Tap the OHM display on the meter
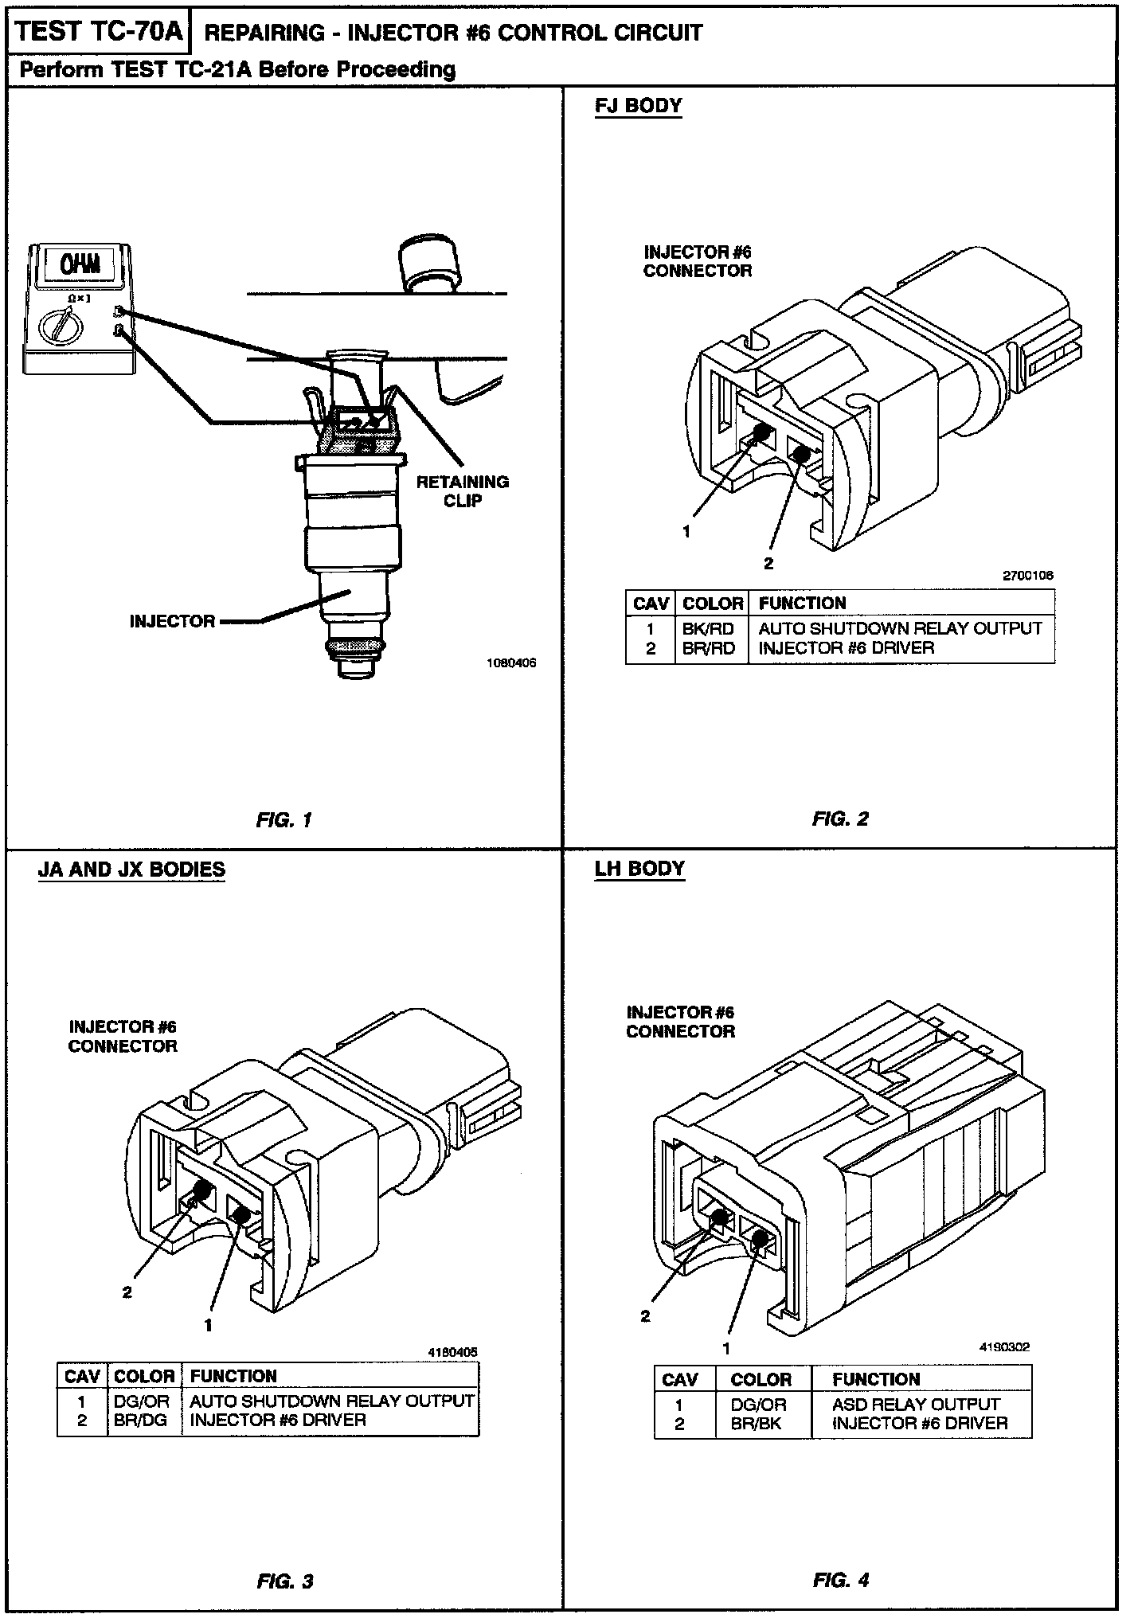(80, 264)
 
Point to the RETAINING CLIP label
(462, 490)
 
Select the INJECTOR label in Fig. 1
(172, 621)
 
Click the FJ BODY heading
(638, 106)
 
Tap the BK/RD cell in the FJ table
(708, 628)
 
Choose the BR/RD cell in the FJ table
(708, 648)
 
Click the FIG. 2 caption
(840, 819)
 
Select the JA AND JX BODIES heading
(131, 869)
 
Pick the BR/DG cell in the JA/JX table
(141, 1420)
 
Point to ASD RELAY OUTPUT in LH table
(916, 1404)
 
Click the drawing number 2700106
(1028, 576)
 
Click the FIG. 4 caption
(841, 1580)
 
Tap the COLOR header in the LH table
(761, 1379)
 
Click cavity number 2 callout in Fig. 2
(768, 564)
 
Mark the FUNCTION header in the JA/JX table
(233, 1376)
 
